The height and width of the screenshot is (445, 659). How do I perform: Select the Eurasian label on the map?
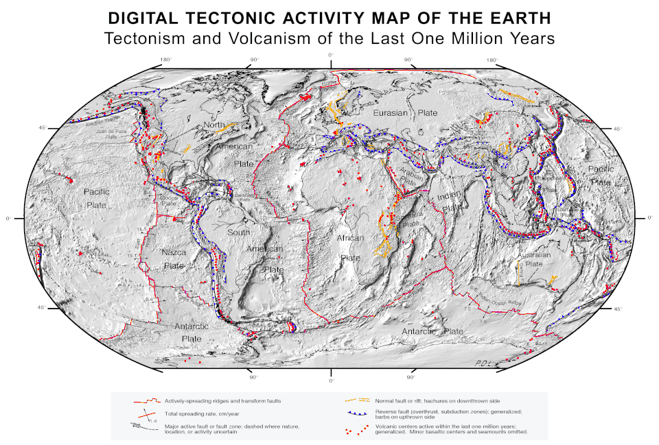389,112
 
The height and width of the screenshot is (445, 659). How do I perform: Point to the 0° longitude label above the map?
330,55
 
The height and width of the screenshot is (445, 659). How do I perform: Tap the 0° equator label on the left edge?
8,218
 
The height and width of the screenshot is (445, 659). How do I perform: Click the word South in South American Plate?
239,232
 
